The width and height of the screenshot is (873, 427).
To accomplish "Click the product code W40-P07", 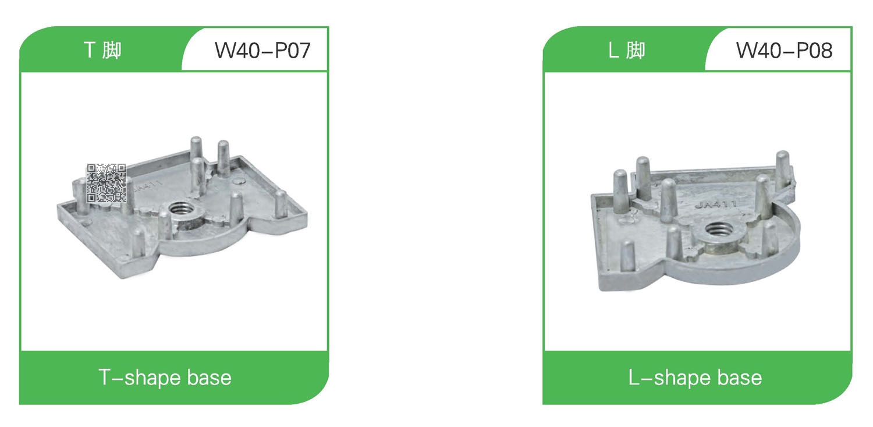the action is [262, 50].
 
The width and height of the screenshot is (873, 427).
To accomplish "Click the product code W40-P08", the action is [784, 50].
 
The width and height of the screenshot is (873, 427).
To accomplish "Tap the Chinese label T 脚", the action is [102, 50].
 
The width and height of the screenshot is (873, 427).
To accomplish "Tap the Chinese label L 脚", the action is [627, 50].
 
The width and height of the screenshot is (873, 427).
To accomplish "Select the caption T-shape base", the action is [165, 377].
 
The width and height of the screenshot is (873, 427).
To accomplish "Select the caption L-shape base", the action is [695, 377].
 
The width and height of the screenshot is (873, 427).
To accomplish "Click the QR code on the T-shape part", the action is [106, 183].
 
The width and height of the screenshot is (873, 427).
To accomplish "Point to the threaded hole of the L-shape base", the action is [718, 230].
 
